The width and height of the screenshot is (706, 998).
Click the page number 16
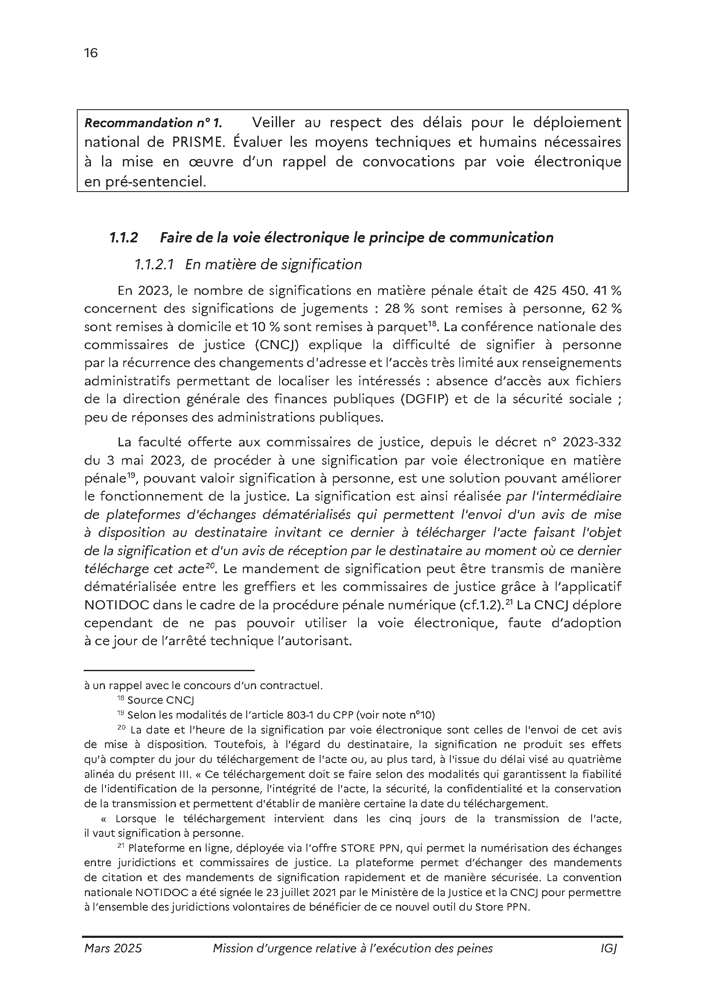point(91,53)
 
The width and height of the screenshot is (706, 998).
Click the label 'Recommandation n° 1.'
point(153,123)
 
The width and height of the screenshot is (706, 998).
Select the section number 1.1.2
point(123,238)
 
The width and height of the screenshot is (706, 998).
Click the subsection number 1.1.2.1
point(155,264)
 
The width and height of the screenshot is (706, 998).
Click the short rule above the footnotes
point(169,671)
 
